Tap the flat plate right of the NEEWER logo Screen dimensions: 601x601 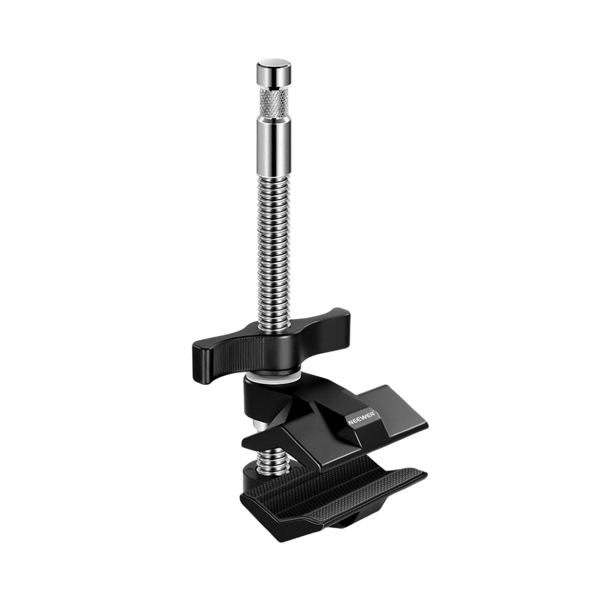point(403,415)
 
